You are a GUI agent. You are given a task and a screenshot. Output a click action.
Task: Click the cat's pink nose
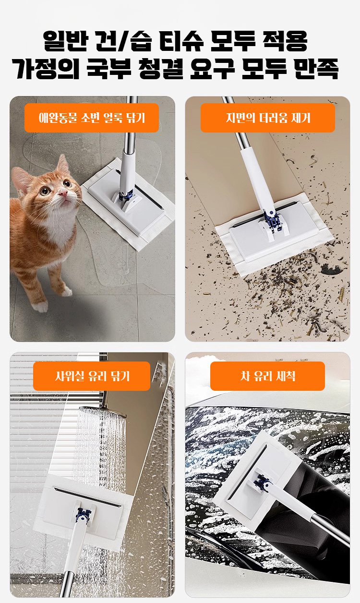point(63,192)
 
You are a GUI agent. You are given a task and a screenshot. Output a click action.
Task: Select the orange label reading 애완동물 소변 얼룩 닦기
point(92,118)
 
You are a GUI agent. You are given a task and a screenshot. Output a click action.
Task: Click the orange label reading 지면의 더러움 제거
point(268,118)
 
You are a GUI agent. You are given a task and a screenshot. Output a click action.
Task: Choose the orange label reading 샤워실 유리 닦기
point(92,376)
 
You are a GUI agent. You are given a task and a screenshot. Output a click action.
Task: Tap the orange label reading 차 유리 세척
point(268,376)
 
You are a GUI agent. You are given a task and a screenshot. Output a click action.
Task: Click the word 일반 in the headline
point(65,41)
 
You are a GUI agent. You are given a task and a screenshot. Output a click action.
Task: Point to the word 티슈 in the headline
point(181,41)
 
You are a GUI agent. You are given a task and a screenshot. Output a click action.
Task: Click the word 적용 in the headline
point(285,41)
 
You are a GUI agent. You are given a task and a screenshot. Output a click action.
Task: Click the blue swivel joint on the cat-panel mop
point(127,195)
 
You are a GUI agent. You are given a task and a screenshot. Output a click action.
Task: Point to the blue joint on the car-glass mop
point(262,482)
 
